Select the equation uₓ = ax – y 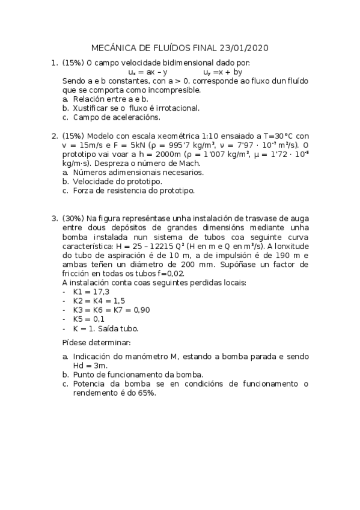click(x=148, y=72)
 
